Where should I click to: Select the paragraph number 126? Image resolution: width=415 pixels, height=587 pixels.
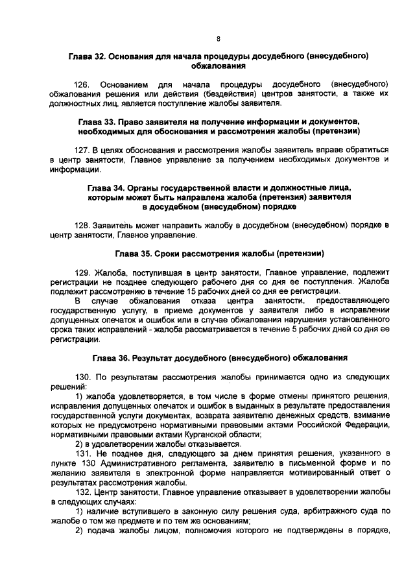point(83,85)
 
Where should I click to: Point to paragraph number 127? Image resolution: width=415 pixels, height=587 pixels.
point(83,150)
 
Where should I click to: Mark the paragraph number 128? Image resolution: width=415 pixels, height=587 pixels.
point(83,225)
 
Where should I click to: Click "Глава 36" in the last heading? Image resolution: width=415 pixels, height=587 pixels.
point(110,357)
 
